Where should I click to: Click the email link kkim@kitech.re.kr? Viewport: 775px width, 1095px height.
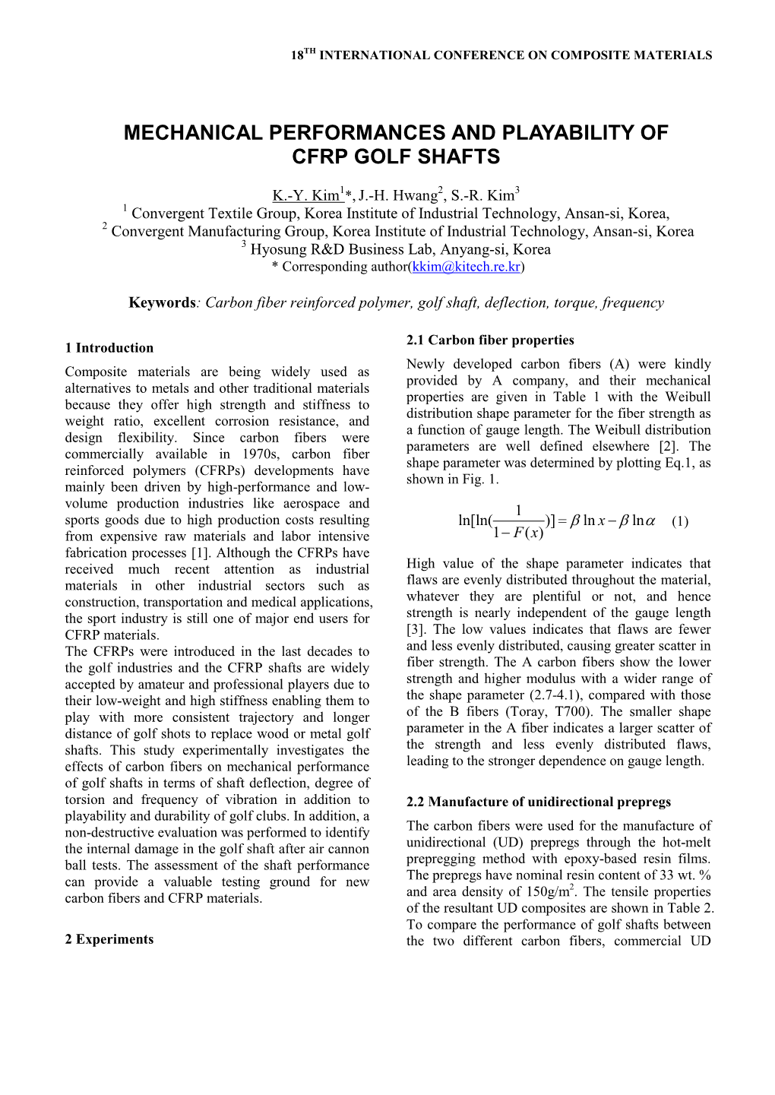466,267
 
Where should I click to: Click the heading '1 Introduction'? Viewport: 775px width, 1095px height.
109,348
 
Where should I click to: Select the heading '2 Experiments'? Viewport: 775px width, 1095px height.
109,939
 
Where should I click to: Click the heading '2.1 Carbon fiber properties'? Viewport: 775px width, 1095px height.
490,340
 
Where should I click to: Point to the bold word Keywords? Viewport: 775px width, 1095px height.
163,302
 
